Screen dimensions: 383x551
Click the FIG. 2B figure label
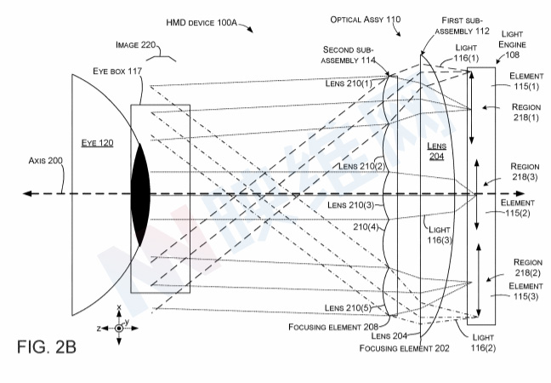47,349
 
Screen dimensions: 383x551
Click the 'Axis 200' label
46,159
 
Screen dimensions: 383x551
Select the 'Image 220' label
135,43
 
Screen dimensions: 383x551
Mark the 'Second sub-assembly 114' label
349,54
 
